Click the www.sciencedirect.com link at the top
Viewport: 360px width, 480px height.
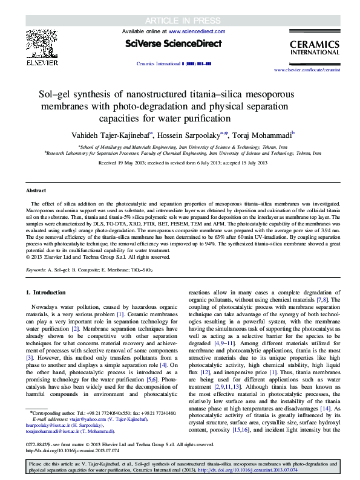click(193, 30)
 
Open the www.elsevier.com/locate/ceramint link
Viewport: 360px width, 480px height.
click(315, 70)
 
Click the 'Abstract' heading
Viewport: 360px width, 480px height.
click(36, 190)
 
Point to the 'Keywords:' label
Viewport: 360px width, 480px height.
click(38, 270)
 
